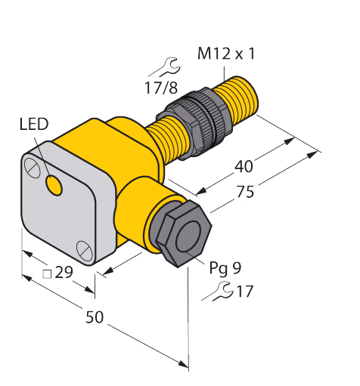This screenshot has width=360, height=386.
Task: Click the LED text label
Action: [34, 125]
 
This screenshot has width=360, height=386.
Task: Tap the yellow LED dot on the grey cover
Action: [54, 185]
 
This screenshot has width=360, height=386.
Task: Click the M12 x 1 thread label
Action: [226, 54]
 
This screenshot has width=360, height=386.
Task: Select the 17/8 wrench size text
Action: [161, 88]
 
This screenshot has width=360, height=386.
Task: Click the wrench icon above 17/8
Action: [165, 67]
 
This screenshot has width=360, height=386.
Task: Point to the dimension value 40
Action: [244, 166]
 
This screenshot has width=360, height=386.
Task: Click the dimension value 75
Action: [245, 192]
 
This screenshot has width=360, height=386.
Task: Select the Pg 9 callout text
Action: [225, 268]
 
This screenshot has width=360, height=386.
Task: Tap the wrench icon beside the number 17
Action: [218, 292]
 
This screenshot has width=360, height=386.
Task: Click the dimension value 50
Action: [95, 317]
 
